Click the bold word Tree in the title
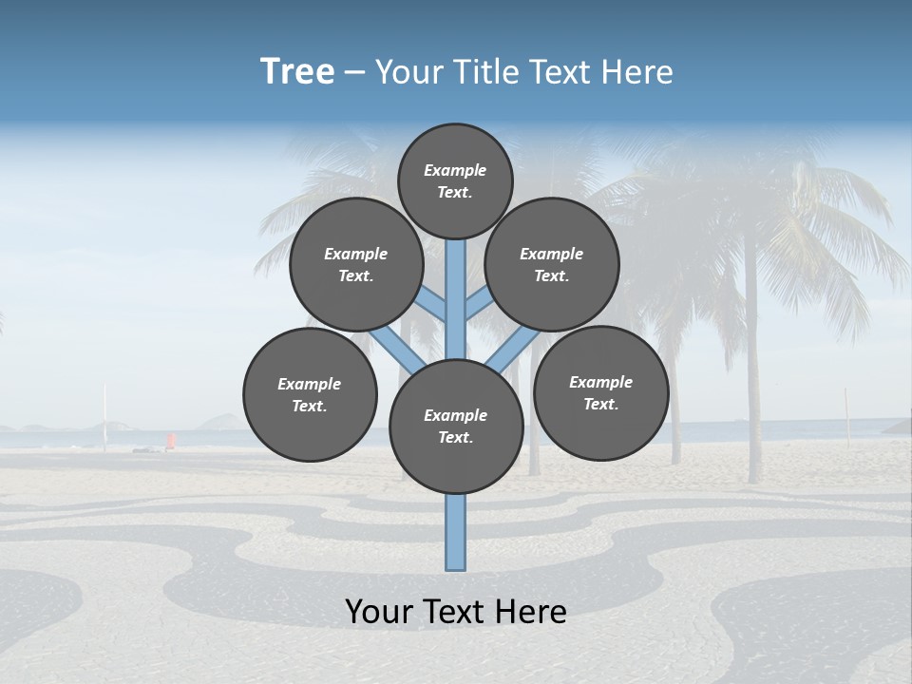tap(297, 72)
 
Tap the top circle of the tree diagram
tap(455, 180)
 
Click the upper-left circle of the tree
tap(356, 264)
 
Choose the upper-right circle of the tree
tap(552, 264)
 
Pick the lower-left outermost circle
tap(310, 394)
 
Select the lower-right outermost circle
tap(600, 392)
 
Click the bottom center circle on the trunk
tap(456, 426)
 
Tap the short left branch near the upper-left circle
tap(432, 305)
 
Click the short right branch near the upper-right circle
tap(478, 303)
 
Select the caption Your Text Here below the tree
tap(456, 612)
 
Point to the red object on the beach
tap(171, 441)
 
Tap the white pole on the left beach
tap(104, 418)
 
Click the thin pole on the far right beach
tap(845, 418)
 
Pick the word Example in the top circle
tap(455, 170)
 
